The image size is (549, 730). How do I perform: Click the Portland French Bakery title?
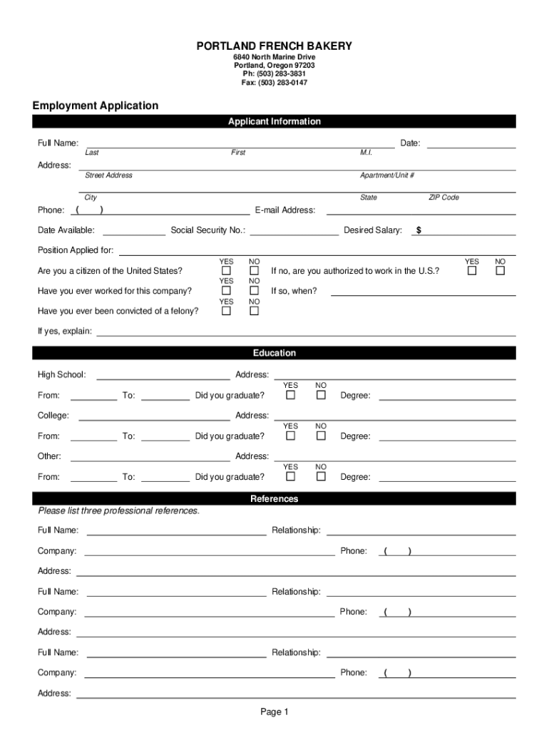coord(274,46)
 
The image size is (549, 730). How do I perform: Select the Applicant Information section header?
coord(274,122)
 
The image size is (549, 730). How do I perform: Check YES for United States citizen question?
coord(226,271)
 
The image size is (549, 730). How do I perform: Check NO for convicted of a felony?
coord(254,311)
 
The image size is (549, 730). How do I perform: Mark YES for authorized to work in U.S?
coord(472,271)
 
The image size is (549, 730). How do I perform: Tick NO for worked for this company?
coord(254,291)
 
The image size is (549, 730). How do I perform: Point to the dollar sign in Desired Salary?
coord(419,230)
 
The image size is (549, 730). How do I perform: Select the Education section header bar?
coord(274,353)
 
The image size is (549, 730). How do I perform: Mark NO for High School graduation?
coord(321,395)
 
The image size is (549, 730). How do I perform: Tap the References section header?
coord(274,499)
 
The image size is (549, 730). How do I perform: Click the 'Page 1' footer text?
coord(274,711)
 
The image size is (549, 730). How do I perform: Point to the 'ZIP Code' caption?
coord(443,197)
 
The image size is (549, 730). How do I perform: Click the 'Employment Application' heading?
coord(96,106)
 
